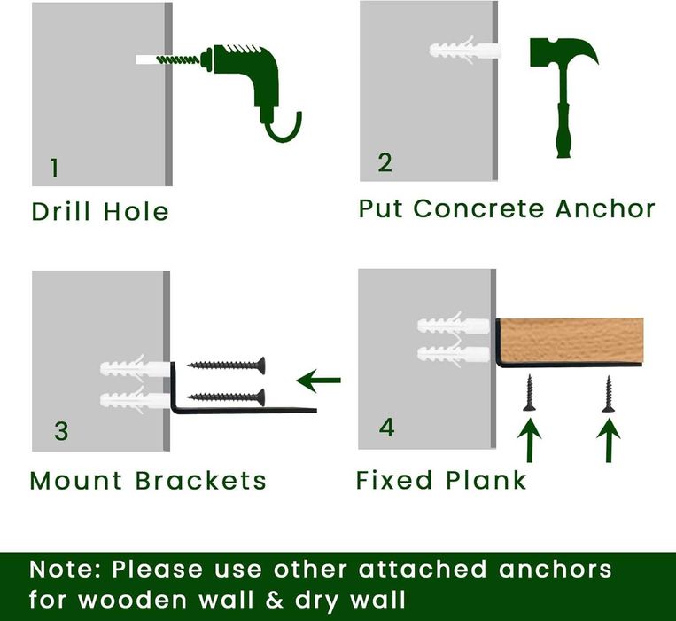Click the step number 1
[x=54, y=168]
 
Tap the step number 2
[x=385, y=162]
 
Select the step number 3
[x=61, y=431]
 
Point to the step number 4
[x=386, y=428]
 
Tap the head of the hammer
[x=563, y=51]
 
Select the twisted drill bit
[x=177, y=59]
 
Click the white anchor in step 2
[x=465, y=50]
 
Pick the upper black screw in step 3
[x=226, y=366]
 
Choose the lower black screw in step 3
[x=226, y=397]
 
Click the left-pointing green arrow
[x=319, y=381]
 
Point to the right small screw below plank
[x=609, y=394]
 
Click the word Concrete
[x=478, y=208]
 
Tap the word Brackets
[x=201, y=480]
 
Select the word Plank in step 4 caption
[x=486, y=479]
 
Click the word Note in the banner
[x=63, y=570]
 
